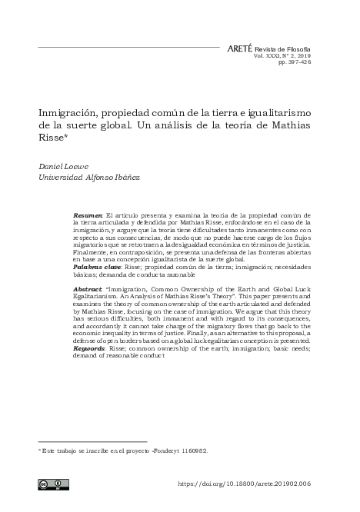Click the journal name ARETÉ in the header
[x=241, y=48]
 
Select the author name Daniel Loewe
[x=60, y=165]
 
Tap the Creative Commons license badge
[x=50, y=484]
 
